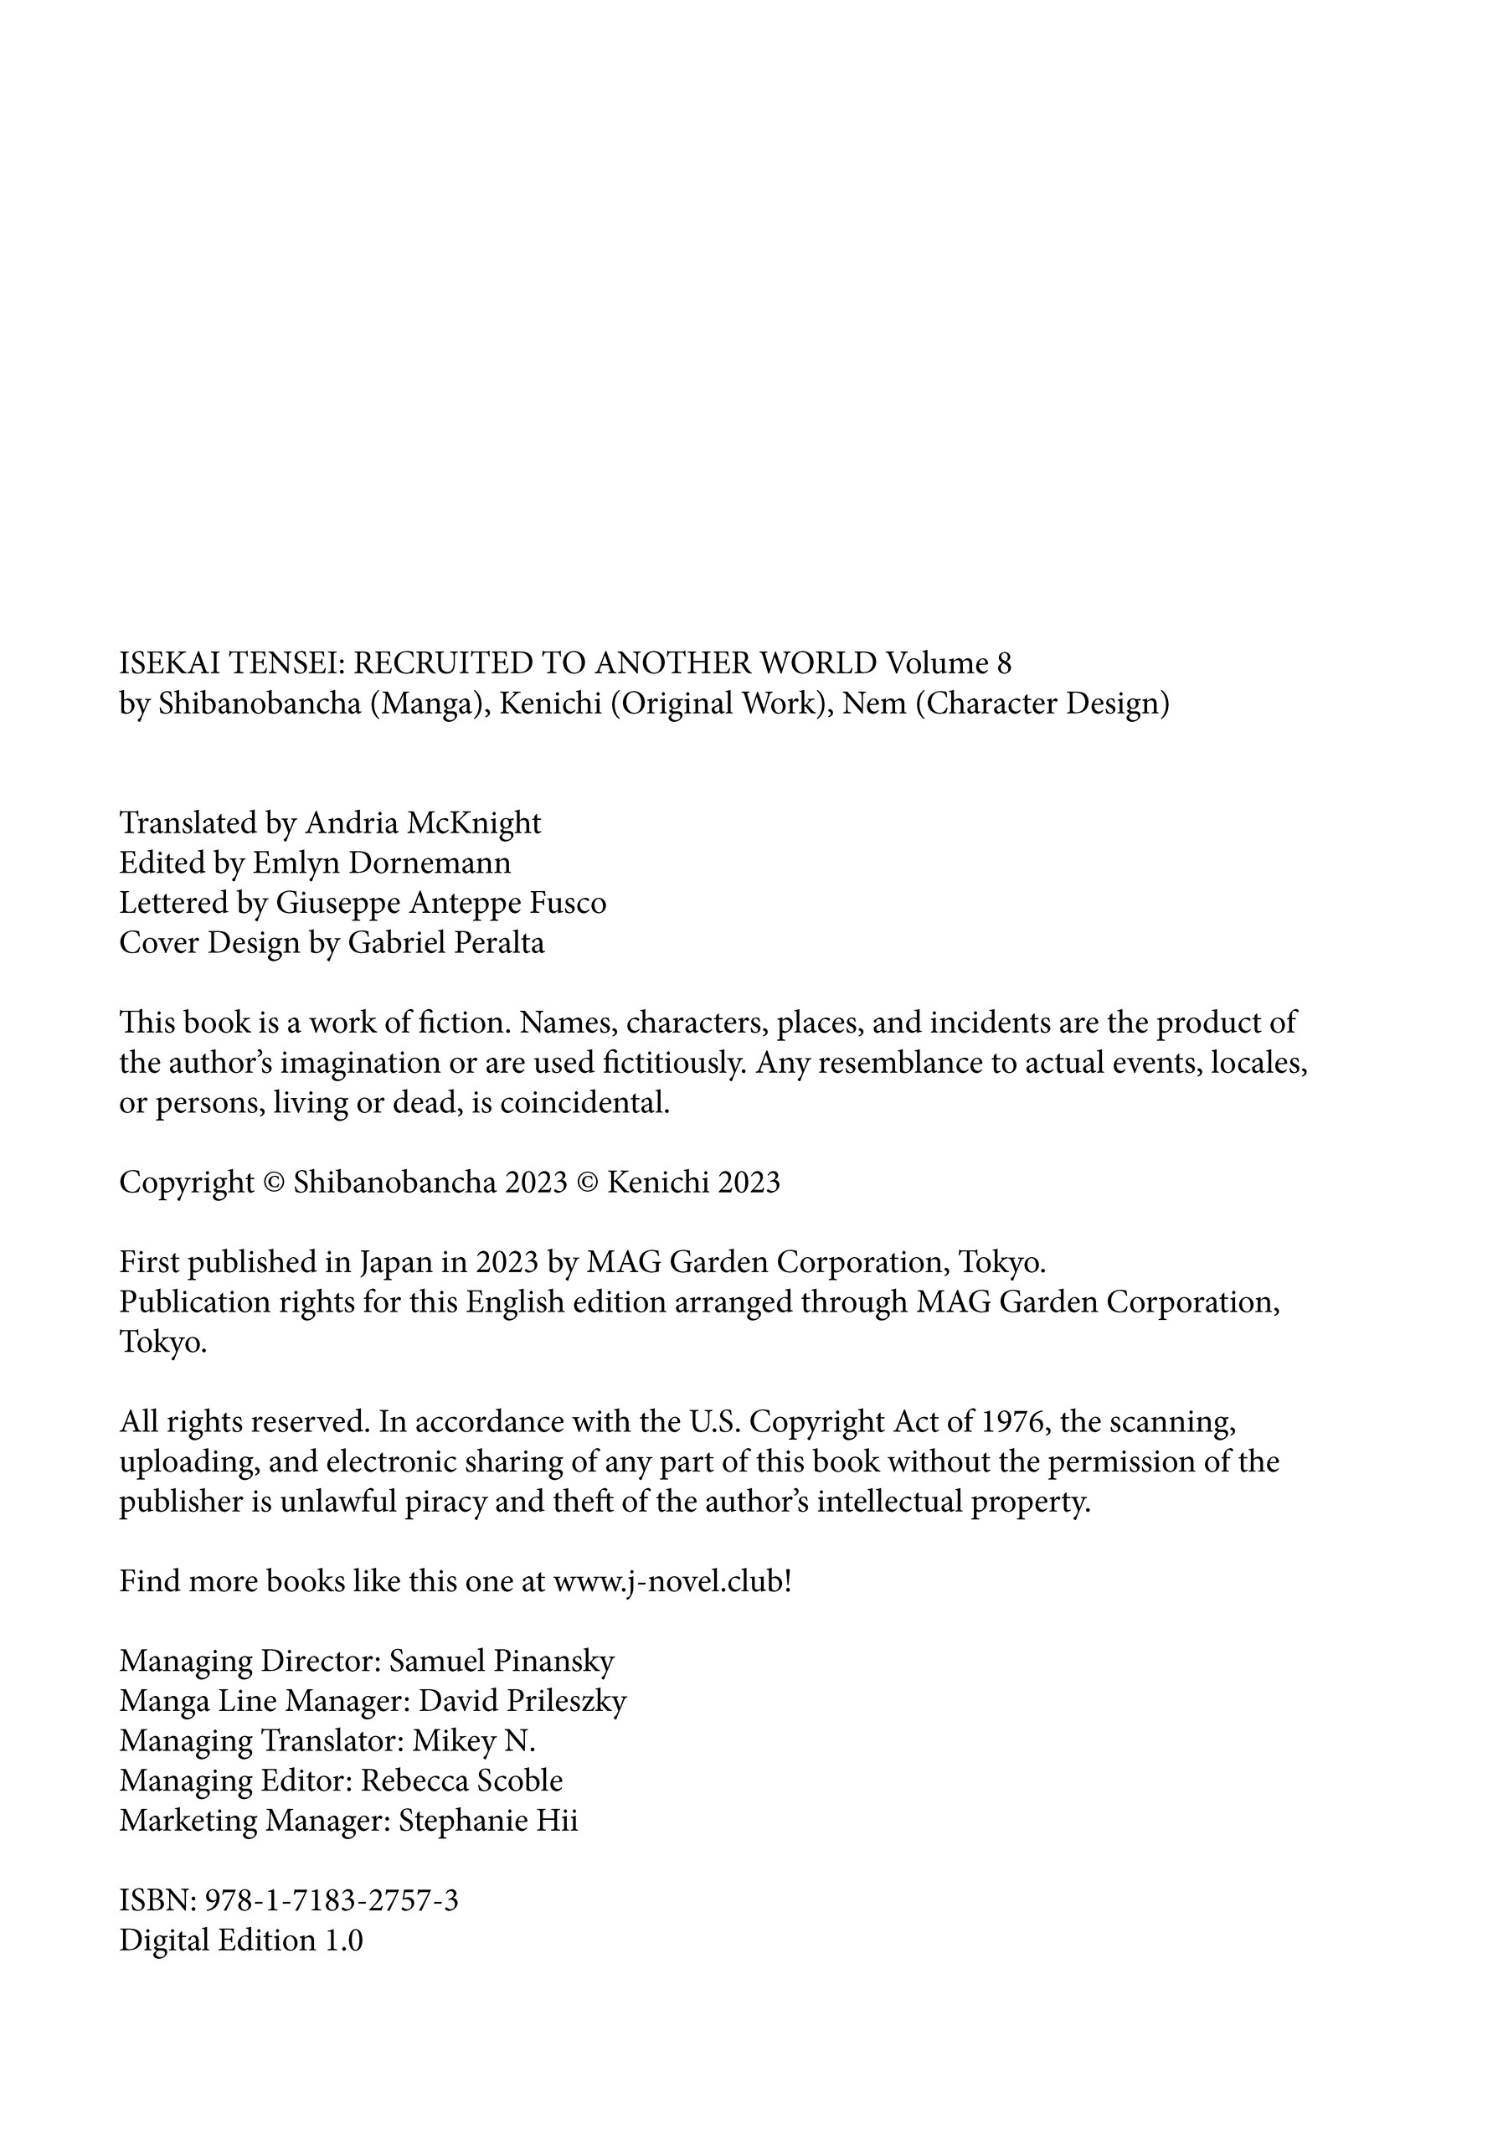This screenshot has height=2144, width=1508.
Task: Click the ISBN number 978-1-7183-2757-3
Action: [331, 1899]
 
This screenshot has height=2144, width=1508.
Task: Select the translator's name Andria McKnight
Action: [423, 822]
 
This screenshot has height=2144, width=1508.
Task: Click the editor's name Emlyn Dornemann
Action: [382, 863]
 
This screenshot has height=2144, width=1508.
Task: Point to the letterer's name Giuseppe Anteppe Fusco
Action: [440, 903]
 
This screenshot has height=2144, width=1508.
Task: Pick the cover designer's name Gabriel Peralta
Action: [446, 943]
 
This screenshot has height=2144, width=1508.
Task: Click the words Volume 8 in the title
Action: [949, 663]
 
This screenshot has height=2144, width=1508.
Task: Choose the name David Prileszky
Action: [522, 1701]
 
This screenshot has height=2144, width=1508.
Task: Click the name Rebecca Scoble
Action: [462, 1781]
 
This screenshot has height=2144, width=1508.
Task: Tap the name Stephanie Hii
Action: [488, 1821]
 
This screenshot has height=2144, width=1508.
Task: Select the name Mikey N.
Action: [475, 1741]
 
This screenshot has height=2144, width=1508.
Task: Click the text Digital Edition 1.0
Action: [241, 1940]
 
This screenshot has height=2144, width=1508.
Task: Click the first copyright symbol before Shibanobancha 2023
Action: [274, 1183]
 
